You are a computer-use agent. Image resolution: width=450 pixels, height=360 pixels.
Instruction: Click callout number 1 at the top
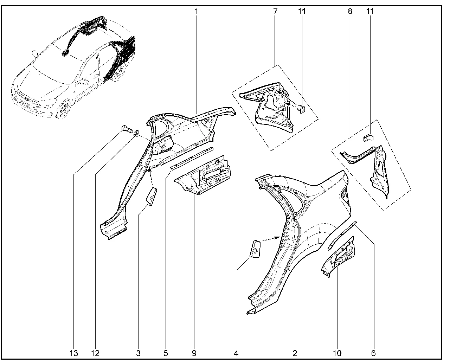[196, 12]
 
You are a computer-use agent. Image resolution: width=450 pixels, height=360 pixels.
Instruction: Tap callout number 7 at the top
[275, 12]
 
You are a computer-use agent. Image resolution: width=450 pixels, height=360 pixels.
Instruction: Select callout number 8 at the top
[350, 12]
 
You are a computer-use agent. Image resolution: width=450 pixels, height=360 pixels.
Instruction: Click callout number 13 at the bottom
[73, 353]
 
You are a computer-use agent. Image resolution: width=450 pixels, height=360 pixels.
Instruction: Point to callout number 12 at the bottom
[95, 353]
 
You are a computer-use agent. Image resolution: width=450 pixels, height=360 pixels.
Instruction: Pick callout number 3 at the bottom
[138, 353]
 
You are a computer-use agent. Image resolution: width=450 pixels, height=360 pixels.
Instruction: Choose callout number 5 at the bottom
[166, 353]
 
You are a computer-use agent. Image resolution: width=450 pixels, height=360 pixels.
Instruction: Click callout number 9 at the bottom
[194, 353]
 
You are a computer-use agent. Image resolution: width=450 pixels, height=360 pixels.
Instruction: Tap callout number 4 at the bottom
[236, 353]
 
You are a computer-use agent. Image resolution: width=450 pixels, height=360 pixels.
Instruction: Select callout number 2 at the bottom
[295, 353]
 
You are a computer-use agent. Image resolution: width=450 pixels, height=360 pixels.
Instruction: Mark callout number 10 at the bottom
[337, 353]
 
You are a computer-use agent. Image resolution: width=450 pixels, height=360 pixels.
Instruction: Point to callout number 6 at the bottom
[373, 353]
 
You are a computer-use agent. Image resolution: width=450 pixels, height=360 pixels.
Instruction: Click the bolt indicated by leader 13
[127, 128]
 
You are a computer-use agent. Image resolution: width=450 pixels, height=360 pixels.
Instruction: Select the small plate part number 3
[152, 197]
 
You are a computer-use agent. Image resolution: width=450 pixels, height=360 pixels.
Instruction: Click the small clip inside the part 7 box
[301, 109]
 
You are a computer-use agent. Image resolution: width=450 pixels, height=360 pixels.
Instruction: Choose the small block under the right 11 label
[369, 138]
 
